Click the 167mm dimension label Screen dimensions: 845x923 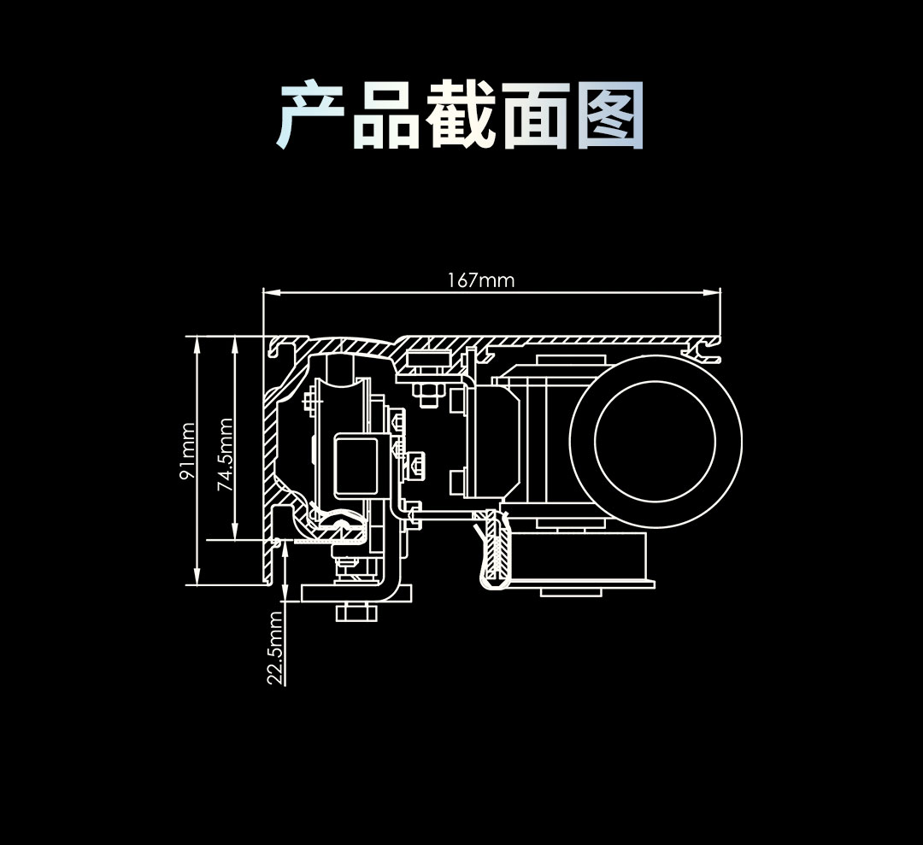click(x=481, y=280)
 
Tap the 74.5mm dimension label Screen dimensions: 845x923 click(x=226, y=454)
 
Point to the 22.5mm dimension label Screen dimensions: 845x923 click(x=274, y=648)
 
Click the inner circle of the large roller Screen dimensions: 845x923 click(x=655, y=438)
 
